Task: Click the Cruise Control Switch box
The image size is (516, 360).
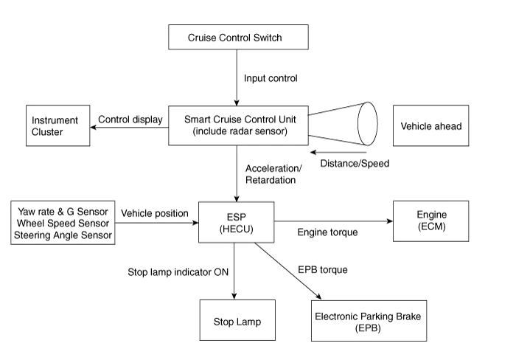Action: pos(235,38)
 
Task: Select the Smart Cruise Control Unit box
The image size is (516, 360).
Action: pos(236,125)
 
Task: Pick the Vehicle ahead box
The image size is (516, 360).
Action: pos(430,126)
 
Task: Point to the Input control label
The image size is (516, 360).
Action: pos(271,77)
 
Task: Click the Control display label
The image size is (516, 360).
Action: pos(130,120)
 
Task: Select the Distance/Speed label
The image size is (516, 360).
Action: pos(354,163)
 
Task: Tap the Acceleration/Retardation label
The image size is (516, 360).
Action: pos(273,174)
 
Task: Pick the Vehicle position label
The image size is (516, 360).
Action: pos(155,213)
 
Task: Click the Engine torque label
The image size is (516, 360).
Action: pos(328,232)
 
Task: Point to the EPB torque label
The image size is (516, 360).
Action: pos(321,270)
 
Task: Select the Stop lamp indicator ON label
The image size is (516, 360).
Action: pos(178,272)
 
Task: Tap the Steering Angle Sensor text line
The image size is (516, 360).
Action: pos(63,236)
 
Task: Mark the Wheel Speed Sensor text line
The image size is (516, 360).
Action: pos(63,224)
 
